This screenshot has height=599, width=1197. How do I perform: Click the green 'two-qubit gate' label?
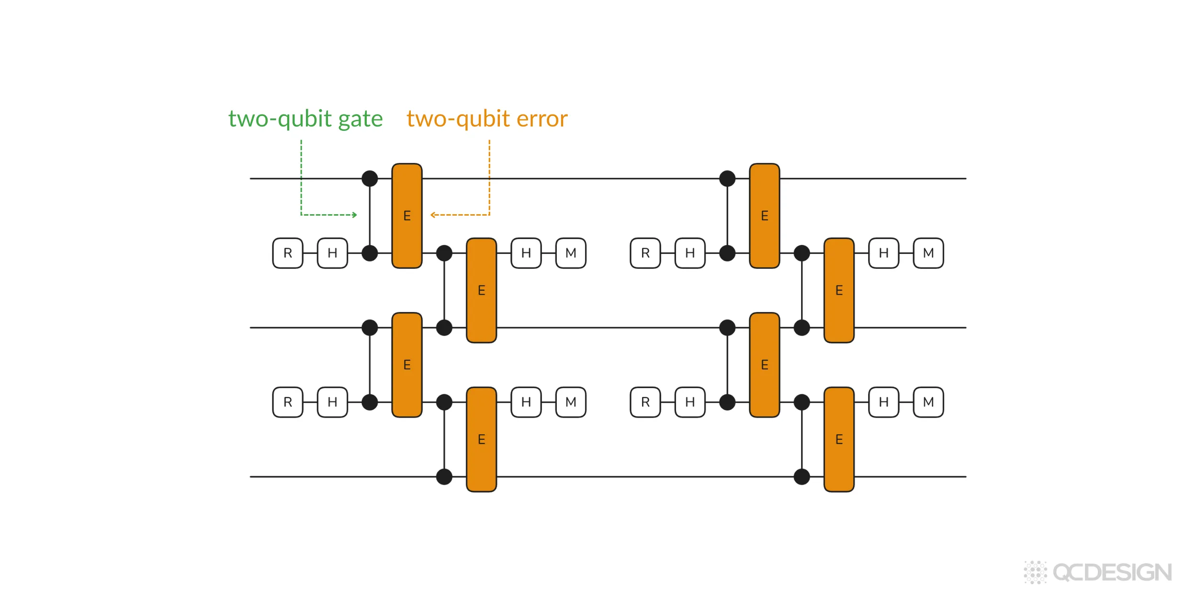(305, 119)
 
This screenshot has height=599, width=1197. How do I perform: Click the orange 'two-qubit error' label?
(487, 119)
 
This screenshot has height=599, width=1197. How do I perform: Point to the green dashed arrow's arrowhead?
(355, 215)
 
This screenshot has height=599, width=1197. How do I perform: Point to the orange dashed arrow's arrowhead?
(432, 215)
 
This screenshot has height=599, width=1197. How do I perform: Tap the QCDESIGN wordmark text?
(1112, 573)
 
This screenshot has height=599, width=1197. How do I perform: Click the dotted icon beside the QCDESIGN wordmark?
(1035, 572)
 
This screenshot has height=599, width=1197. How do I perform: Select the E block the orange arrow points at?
(407, 216)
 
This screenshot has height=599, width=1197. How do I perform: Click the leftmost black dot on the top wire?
(370, 179)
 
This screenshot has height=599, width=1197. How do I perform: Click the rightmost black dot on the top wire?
(727, 179)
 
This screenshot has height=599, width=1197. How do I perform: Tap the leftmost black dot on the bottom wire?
(444, 477)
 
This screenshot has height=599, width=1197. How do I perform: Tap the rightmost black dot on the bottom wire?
(802, 477)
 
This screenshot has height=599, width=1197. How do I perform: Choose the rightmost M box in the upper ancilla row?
(928, 253)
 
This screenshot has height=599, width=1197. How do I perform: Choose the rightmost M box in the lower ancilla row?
(928, 402)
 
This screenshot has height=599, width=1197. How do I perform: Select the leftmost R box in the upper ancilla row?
(288, 253)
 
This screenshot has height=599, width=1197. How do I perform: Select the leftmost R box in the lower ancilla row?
(288, 402)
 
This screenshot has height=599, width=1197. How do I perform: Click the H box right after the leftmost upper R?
(332, 253)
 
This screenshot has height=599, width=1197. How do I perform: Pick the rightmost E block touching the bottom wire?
(839, 439)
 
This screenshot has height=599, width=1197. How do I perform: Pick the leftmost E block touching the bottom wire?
(481, 439)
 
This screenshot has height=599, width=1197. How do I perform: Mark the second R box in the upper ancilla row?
(645, 253)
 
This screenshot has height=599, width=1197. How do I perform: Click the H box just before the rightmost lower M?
(884, 402)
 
